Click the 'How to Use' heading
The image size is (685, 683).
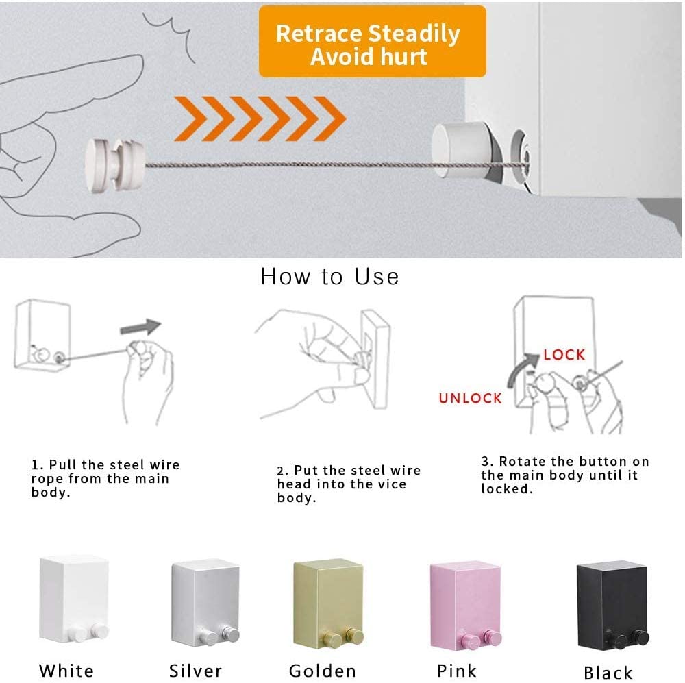pos(329,276)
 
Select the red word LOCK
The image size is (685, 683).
pos(564,354)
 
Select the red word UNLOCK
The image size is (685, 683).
pos(470,398)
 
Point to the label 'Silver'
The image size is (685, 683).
pos(196,670)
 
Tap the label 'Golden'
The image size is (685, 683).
pos(322,670)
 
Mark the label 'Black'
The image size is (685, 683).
pos(608,672)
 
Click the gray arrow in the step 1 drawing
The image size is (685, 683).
pos(140,327)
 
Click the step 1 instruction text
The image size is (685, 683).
pos(105,478)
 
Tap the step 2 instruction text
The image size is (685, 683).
pos(348,484)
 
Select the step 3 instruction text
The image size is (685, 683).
pos(564,475)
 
